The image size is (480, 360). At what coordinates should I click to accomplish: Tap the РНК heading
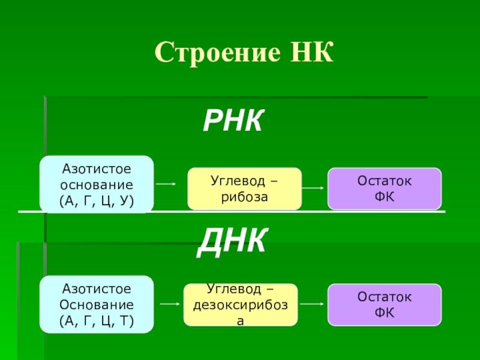click(233, 122)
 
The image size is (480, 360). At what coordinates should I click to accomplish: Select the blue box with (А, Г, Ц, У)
click(97, 184)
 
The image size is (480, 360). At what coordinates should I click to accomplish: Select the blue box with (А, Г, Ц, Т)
click(97, 304)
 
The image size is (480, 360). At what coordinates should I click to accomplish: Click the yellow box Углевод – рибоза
click(245, 188)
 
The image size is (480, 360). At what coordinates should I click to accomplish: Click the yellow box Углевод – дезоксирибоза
click(240, 305)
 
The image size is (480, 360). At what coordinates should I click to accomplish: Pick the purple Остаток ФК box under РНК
click(384, 188)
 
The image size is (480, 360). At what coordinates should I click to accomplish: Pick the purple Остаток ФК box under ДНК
click(384, 305)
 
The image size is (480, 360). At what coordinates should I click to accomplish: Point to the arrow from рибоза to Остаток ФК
click(314, 188)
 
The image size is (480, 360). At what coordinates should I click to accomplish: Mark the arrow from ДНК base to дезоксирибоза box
click(169, 304)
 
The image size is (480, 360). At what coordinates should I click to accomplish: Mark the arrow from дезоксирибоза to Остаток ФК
click(312, 304)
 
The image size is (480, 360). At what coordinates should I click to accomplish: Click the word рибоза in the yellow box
click(244, 196)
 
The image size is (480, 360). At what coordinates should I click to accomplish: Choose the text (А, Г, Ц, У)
click(97, 199)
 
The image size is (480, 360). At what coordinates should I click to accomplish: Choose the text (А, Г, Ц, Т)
click(97, 319)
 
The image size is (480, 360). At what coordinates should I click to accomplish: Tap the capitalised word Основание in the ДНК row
click(97, 304)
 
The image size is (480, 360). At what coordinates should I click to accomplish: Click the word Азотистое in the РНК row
click(97, 170)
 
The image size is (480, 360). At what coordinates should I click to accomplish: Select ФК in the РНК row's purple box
click(384, 196)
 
